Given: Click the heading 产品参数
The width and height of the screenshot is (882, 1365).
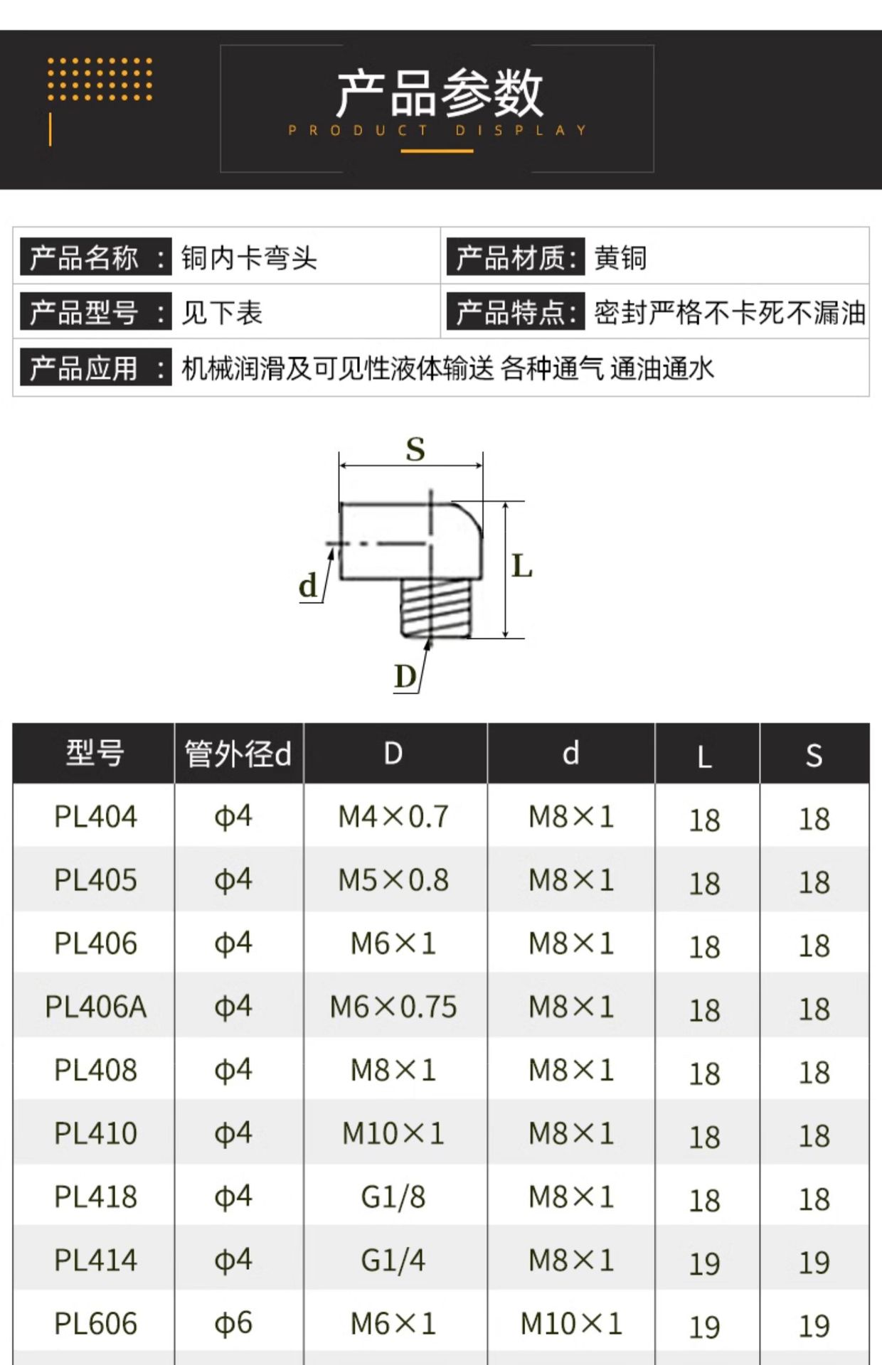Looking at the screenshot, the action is (440, 94).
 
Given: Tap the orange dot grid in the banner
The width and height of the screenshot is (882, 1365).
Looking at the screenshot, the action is (100, 79).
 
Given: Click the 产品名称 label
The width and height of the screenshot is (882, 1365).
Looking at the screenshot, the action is (84, 257).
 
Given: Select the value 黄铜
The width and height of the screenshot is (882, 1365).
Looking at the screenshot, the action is (620, 257).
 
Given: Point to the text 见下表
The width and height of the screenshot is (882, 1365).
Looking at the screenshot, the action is (222, 313).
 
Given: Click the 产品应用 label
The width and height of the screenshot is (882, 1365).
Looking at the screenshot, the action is (84, 368).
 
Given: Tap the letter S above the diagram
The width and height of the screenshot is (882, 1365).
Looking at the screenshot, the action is (415, 449).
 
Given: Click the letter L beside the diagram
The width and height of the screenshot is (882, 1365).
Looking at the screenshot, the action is (522, 567).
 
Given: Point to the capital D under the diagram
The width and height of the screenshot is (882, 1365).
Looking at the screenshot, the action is (405, 676).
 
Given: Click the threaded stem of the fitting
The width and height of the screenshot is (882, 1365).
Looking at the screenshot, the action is (435, 608).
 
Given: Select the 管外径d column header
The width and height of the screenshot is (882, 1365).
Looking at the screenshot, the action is (238, 754).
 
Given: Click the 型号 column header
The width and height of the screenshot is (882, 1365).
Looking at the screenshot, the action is (95, 753).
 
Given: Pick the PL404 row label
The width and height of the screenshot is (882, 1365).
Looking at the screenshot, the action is (95, 817).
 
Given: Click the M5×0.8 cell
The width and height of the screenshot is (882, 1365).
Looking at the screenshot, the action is (393, 880).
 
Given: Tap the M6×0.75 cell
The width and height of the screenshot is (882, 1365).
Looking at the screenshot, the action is (393, 1007).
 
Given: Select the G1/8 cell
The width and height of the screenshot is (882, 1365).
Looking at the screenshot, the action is (393, 1197).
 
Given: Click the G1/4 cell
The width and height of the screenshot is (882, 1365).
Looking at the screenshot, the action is (393, 1260).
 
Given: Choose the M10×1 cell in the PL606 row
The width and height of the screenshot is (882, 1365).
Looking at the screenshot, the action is (571, 1324).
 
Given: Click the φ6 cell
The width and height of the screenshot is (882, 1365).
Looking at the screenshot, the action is (233, 1324).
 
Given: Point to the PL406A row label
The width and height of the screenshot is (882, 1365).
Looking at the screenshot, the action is (95, 1007).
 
